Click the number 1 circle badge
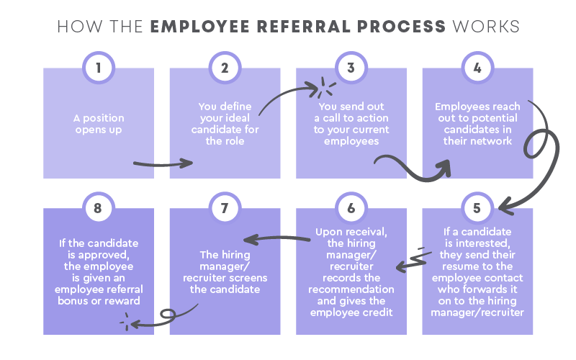click(99, 68)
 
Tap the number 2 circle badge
click(225, 68)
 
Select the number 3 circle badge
click(351, 68)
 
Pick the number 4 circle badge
click(477, 68)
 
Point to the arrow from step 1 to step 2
click(163, 164)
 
